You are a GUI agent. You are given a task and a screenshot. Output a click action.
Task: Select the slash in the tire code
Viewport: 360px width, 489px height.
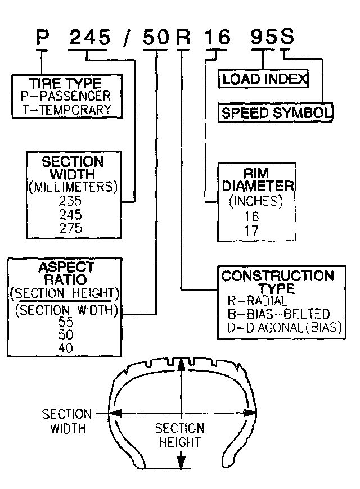(x=127, y=38)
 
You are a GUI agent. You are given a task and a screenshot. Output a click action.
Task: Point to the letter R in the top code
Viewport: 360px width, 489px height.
(x=183, y=37)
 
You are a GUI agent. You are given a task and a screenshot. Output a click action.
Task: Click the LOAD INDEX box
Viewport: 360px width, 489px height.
(x=263, y=79)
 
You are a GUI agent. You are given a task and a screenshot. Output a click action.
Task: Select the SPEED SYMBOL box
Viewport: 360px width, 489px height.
(x=276, y=112)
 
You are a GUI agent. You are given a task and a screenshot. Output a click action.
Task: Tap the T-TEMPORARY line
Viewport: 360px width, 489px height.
(x=66, y=110)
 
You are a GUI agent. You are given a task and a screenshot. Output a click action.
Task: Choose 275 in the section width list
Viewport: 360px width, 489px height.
(x=70, y=228)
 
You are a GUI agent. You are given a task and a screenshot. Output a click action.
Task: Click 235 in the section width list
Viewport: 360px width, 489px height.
(x=70, y=201)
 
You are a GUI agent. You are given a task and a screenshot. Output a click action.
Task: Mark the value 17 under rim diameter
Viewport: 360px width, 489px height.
(x=251, y=230)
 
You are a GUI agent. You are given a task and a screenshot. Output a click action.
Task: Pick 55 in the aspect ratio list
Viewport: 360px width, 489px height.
(x=66, y=322)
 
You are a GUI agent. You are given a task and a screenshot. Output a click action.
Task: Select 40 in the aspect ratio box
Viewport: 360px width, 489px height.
(x=66, y=348)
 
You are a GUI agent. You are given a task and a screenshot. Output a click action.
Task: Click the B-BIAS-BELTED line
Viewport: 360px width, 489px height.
(x=278, y=314)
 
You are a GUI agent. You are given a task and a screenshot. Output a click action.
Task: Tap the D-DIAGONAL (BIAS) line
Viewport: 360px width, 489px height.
(x=285, y=328)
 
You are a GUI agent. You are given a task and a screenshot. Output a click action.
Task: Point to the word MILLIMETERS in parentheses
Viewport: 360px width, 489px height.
(x=73, y=187)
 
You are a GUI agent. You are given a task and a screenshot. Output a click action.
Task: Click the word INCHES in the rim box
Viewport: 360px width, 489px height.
(x=256, y=201)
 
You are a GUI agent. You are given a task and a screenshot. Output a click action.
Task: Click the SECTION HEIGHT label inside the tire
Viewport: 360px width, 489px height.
(x=180, y=435)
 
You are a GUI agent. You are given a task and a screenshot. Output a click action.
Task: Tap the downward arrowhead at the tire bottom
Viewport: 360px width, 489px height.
(x=181, y=461)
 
